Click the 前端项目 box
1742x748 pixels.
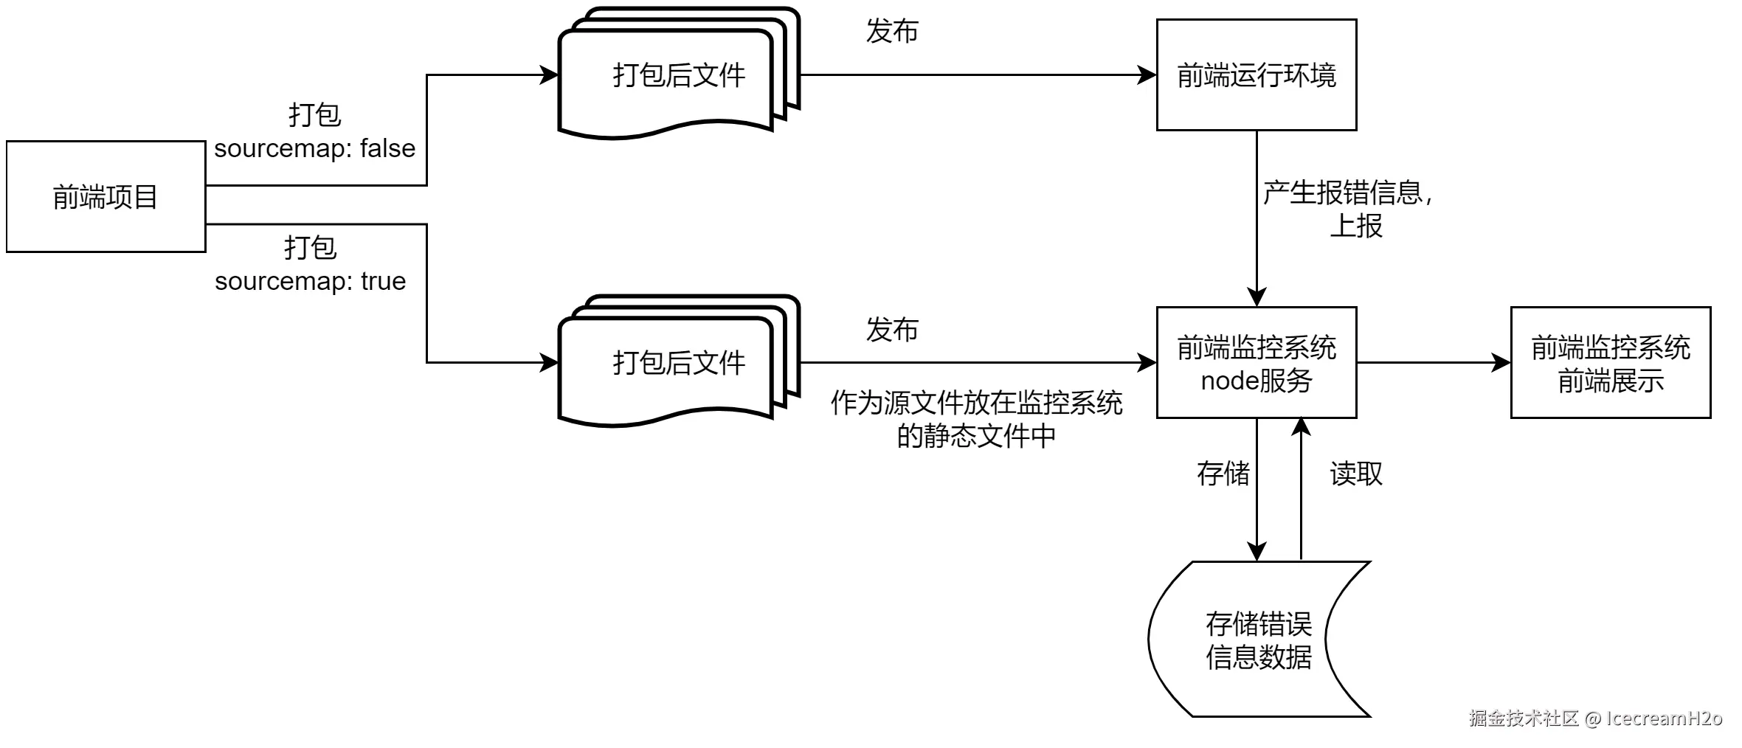coord(106,197)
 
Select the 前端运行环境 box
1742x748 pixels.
coord(1256,75)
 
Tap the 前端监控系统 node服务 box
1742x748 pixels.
coord(1256,363)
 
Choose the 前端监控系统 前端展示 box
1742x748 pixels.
coord(1610,363)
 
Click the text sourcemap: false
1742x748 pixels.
coord(314,148)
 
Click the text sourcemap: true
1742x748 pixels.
coord(310,281)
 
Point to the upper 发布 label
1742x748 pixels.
coord(891,31)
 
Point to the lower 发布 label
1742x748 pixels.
coord(891,330)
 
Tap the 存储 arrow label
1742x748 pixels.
coord(1223,474)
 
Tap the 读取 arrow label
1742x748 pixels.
coord(1355,474)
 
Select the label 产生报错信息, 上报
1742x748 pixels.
coord(1347,209)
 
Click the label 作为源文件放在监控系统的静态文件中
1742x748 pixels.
coord(975,419)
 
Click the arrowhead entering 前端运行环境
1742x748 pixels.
coord(1147,75)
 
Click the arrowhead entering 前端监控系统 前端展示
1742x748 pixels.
coord(1501,363)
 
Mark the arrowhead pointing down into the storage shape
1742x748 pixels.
coord(1257,552)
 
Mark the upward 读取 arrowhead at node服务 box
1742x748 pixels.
coord(1301,427)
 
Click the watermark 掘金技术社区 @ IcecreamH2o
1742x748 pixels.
coord(1594,718)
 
